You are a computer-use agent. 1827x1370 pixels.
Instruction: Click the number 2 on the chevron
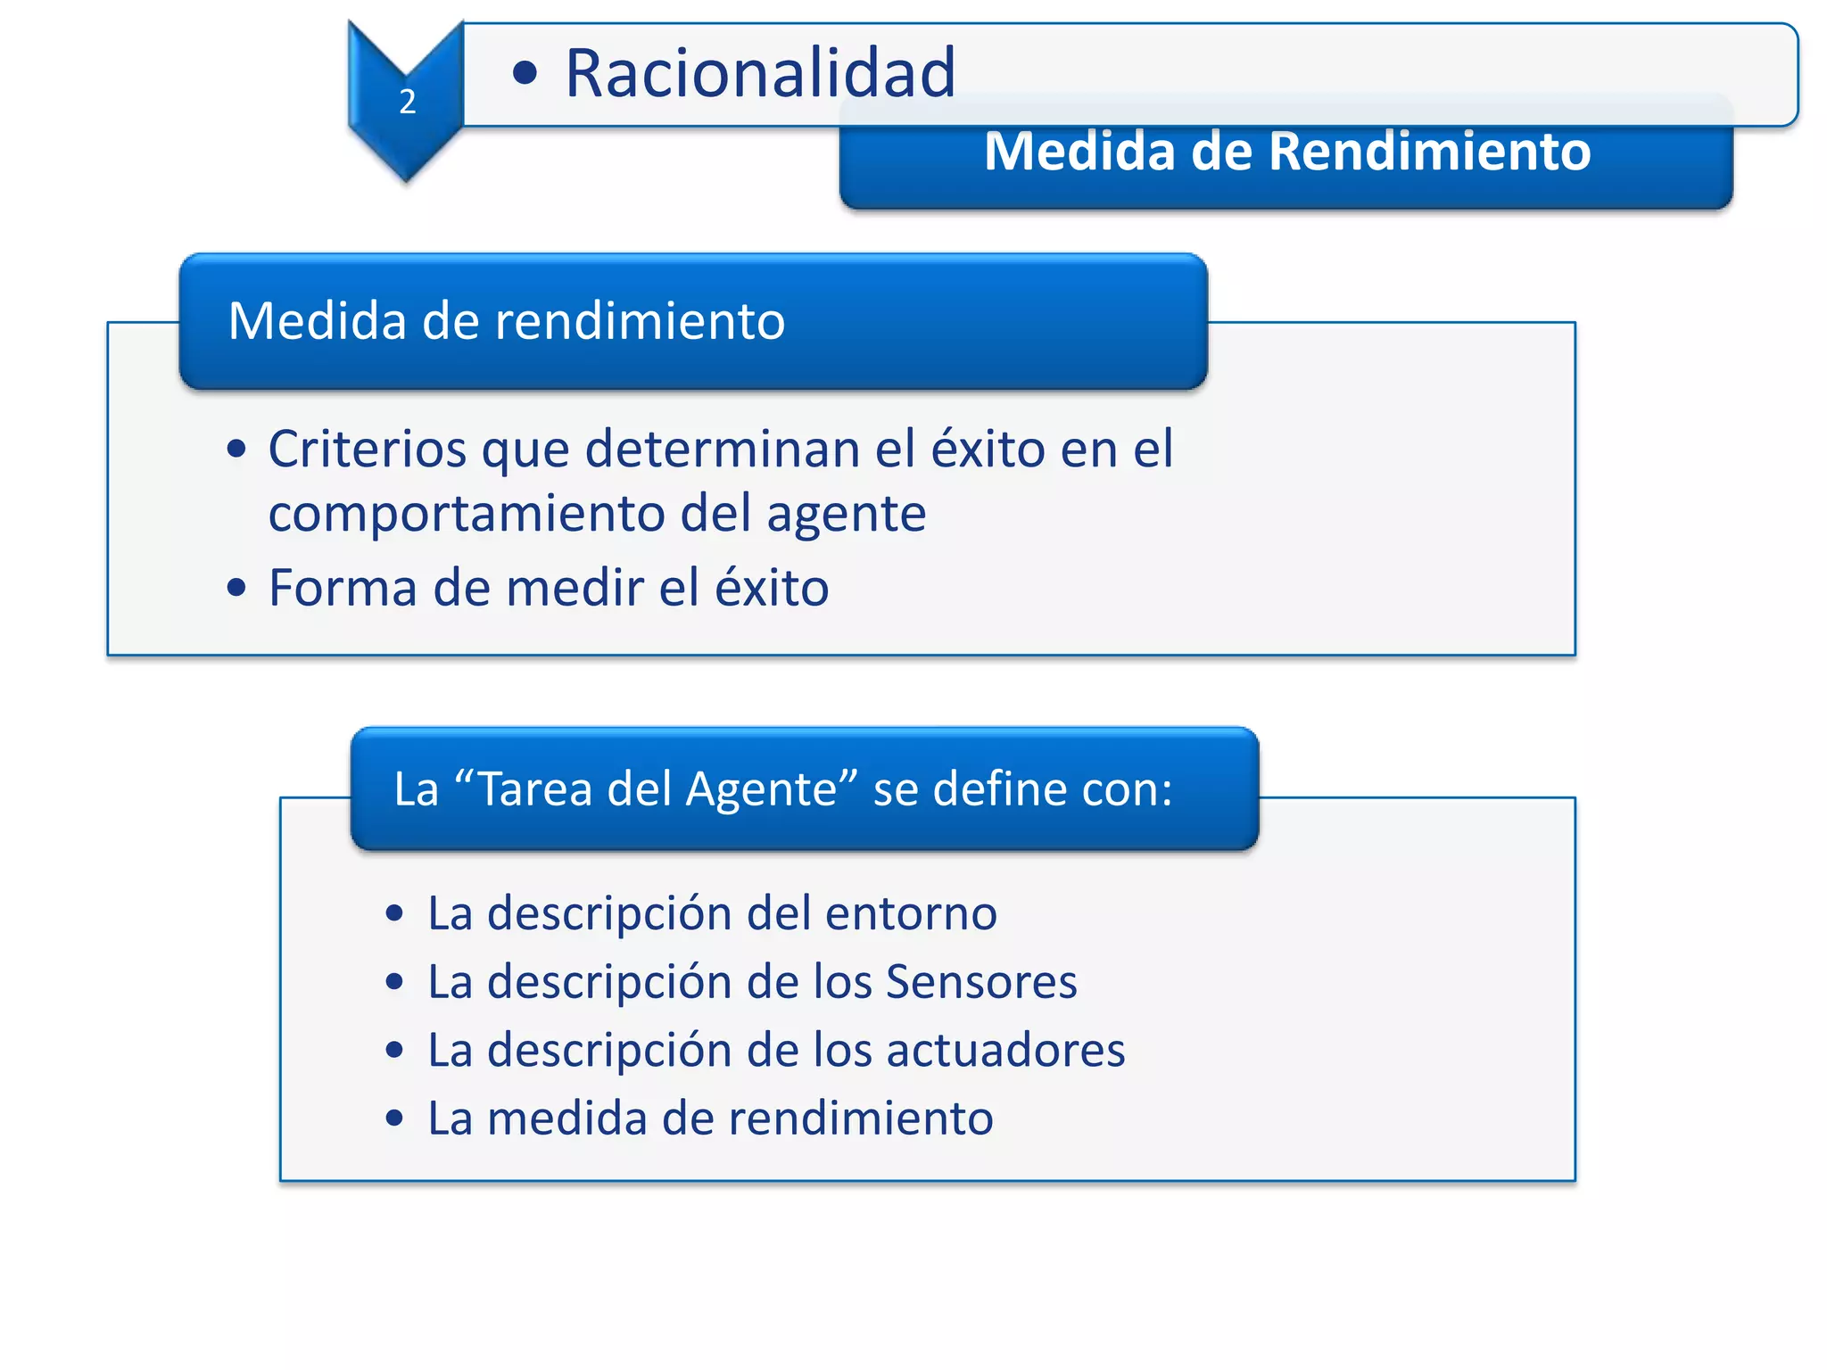tap(408, 102)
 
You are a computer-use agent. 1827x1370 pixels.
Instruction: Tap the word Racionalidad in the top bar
tap(760, 73)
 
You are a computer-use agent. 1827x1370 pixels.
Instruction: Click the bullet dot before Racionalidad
tap(525, 73)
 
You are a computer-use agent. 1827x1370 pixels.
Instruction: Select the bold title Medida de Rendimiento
tap(1286, 152)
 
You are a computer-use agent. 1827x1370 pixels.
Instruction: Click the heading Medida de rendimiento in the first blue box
tap(506, 321)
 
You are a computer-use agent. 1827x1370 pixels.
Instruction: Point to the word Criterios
tap(367, 449)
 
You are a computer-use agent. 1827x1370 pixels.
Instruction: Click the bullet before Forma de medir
tap(236, 588)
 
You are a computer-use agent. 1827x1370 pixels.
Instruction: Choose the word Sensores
tap(981, 982)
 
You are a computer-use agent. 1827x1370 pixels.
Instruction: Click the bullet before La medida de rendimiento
tap(394, 1118)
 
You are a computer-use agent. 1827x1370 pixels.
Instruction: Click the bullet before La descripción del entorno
tap(394, 913)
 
